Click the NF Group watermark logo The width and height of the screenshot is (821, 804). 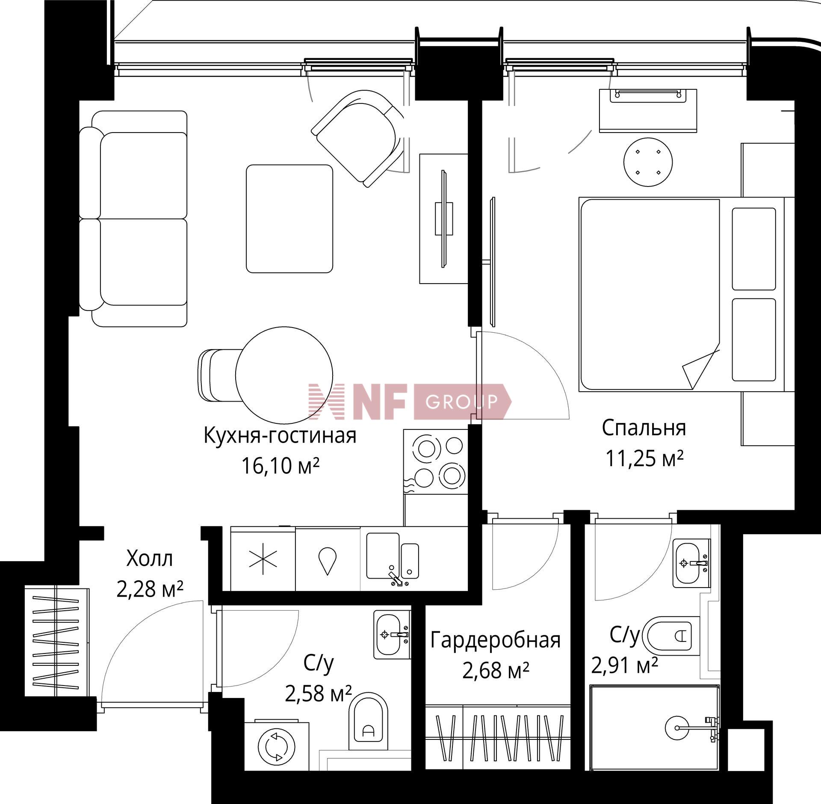click(410, 401)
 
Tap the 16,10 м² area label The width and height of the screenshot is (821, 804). click(281, 466)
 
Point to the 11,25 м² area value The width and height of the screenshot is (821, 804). click(644, 458)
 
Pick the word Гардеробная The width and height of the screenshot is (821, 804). click(495, 640)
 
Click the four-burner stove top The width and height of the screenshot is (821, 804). click(436, 462)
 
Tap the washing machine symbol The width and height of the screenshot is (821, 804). click(277, 746)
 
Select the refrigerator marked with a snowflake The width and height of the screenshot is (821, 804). click(263, 559)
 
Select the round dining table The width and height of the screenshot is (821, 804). click(284, 374)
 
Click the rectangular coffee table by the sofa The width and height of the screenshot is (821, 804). click(289, 219)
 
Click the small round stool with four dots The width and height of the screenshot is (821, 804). click(648, 162)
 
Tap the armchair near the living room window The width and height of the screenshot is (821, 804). click(357, 138)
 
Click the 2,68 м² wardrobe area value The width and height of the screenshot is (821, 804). click(496, 671)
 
